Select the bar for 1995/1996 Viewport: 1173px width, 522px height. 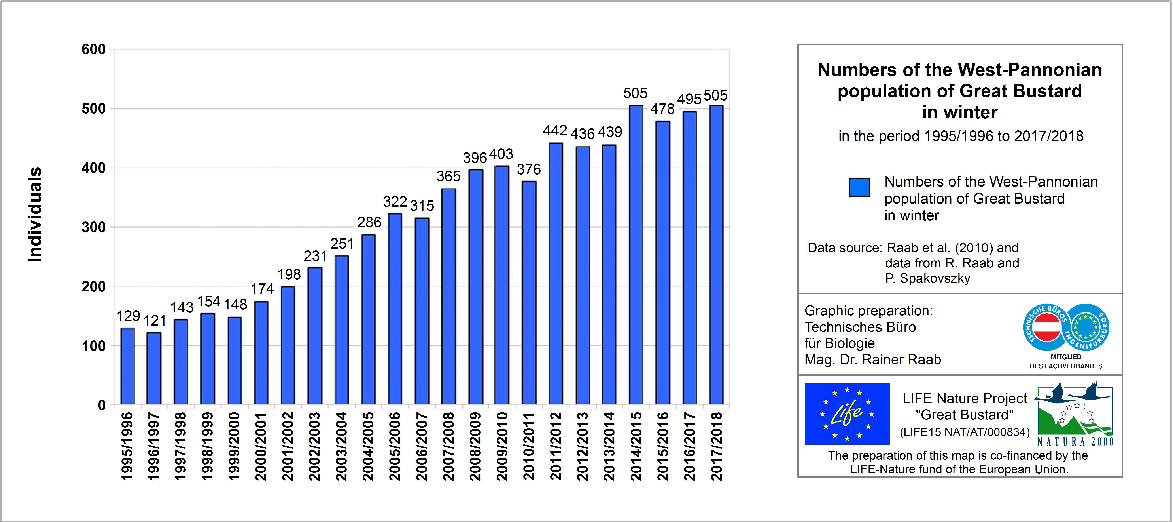(127, 366)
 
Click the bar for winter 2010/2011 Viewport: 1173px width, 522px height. (529, 293)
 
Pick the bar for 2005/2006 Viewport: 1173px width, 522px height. (395, 309)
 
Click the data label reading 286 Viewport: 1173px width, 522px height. (369, 223)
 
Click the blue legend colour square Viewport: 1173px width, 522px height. (859, 187)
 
